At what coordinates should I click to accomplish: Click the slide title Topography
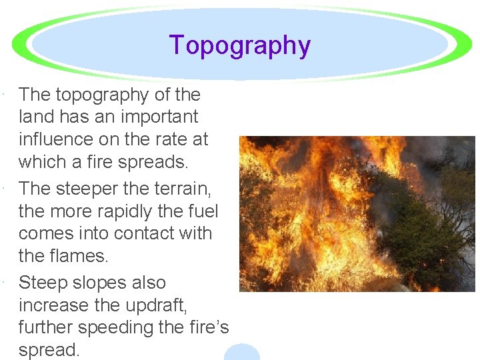(240, 45)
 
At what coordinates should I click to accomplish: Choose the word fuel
(202, 211)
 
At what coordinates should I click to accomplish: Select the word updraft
(149, 305)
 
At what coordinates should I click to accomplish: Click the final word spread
(49, 350)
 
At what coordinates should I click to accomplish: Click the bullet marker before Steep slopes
(5, 283)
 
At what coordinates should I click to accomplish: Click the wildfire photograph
(357, 214)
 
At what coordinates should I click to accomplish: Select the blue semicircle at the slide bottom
(241, 353)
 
